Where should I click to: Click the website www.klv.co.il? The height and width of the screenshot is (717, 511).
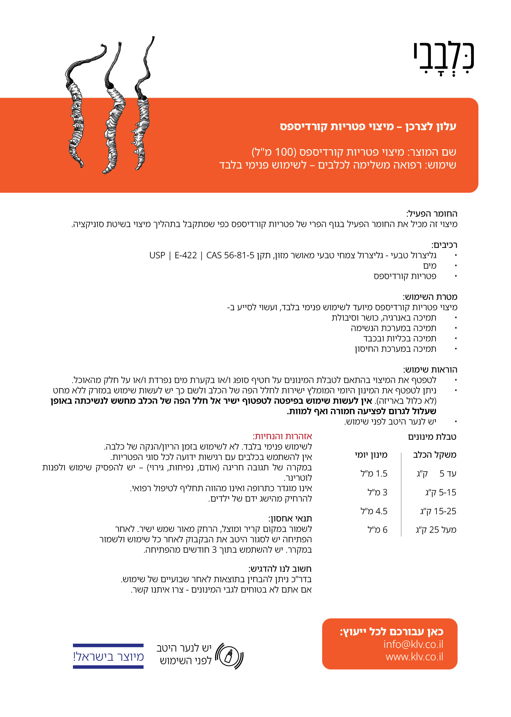(414, 657)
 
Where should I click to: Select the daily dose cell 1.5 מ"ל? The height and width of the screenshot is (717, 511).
(374, 473)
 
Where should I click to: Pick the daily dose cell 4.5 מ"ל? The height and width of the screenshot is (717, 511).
(374, 511)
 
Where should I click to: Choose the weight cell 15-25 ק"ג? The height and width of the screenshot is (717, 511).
(438, 511)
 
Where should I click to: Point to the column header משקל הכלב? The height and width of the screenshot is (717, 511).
(435, 455)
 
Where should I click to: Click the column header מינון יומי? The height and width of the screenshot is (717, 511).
(371, 455)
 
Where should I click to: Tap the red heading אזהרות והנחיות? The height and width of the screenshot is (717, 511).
(282, 436)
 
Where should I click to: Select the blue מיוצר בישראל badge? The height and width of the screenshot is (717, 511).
(108, 656)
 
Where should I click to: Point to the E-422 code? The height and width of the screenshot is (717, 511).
(186, 255)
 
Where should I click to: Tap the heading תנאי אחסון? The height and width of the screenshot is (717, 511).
(290, 518)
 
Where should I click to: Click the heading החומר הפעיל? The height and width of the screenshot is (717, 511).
(432, 214)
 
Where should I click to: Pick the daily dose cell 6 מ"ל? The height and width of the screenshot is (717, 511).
(377, 530)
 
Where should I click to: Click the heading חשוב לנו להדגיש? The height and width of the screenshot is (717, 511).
(280, 569)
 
